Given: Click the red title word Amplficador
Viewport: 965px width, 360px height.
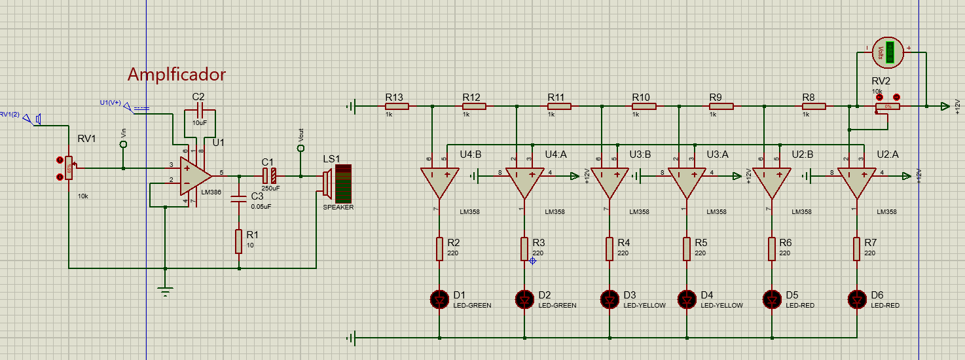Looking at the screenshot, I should click(176, 75).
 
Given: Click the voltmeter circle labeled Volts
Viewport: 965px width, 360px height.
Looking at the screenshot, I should click(888, 51).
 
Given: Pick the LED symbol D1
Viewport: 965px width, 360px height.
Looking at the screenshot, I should click(439, 299).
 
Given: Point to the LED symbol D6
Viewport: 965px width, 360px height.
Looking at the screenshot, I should click(856, 299).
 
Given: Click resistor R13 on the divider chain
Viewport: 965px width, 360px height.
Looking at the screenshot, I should click(397, 106).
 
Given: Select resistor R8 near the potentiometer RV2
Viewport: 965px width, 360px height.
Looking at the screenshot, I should click(814, 106).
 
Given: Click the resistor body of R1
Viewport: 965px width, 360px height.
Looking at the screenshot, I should click(239, 242).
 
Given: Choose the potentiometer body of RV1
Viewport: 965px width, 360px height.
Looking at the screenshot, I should click(69, 168).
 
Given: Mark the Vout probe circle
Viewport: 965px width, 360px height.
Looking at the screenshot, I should click(301, 149).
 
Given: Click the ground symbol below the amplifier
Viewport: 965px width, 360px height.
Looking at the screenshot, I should click(165, 290).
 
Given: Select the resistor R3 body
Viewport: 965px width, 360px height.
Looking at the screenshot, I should click(524, 249).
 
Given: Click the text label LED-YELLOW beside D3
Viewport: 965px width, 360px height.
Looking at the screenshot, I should click(644, 306).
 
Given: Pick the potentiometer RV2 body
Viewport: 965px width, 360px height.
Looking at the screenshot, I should click(888, 106).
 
